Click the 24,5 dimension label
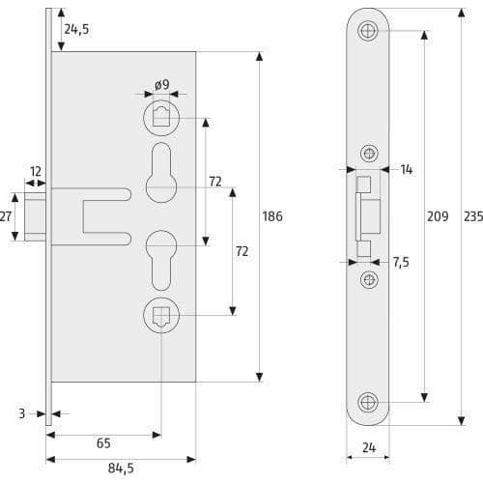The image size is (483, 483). tap(76, 29)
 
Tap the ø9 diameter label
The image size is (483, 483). tap(161, 85)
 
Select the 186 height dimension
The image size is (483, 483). tap(272, 216)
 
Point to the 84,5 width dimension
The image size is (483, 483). tap(121, 469)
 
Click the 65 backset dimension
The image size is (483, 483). tap(103, 443)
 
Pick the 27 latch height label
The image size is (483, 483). tap(6, 216)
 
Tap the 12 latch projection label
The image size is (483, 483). tap(36, 172)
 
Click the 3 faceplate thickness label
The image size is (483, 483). tap(21, 413)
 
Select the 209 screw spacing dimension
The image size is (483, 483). tap(438, 216)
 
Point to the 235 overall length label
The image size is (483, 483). tap(473, 216)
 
